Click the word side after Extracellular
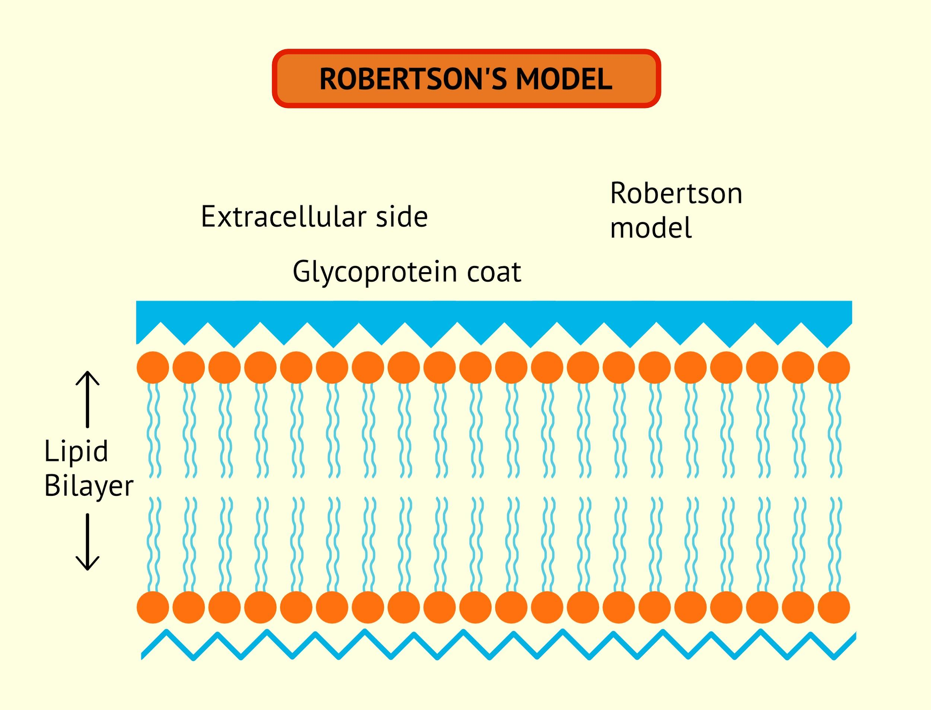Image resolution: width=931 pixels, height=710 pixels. pyautogui.click(x=401, y=217)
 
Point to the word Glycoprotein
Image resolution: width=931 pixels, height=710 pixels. pyautogui.click(x=374, y=272)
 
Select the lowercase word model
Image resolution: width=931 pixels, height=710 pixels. pyautogui.click(x=651, y=228)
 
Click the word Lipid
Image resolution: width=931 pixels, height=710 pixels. pyautogui.click(x=76, y=451)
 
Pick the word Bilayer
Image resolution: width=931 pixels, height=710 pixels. pyautogui.click(x=89, y=486)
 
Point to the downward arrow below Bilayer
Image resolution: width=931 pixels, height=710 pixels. pyautogui.click(x=88, y=541)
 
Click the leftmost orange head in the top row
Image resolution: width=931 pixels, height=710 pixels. pyautogui.click(x=153, y=367)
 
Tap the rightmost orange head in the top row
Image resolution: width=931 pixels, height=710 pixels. pyautogui.click(x=834, y=367)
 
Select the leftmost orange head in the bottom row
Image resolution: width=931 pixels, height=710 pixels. pyautogui.click(x=153, y=607)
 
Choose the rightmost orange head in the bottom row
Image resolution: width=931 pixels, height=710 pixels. pyautogui.click(x=834, y=607)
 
